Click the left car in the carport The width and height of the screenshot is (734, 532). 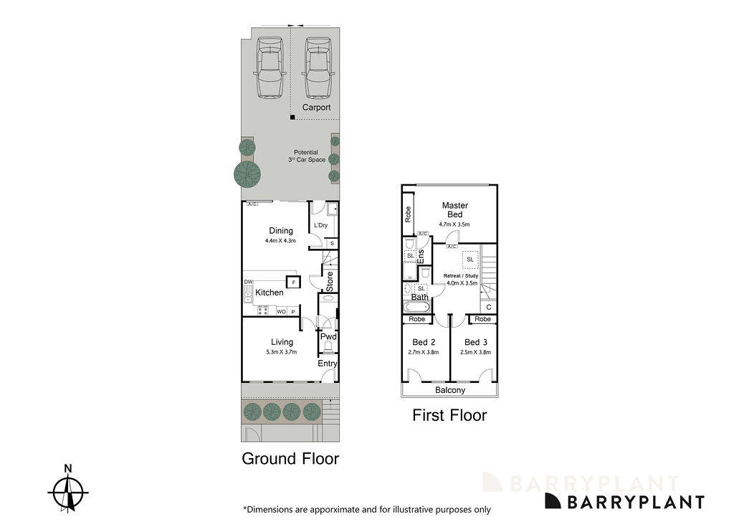tap(270, 69)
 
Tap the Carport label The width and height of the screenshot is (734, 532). tap(316, 108)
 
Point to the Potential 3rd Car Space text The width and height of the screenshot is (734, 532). tap(306, 156)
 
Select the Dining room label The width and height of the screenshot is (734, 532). tap(281, 231)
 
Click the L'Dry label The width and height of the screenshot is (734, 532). tap(321, 226)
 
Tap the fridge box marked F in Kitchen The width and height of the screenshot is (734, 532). tap(292, 282)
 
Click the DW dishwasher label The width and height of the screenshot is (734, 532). tap(248, 282)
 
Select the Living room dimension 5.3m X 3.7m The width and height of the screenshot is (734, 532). tap(281, 352)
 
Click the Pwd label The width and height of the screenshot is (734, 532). tap(328, 336)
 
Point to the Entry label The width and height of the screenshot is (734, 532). tap(328, 364)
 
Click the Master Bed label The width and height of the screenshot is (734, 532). tap(454, 209)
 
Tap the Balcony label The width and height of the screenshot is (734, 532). tap(450, 391)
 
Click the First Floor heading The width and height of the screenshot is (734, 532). tap(449, 415)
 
